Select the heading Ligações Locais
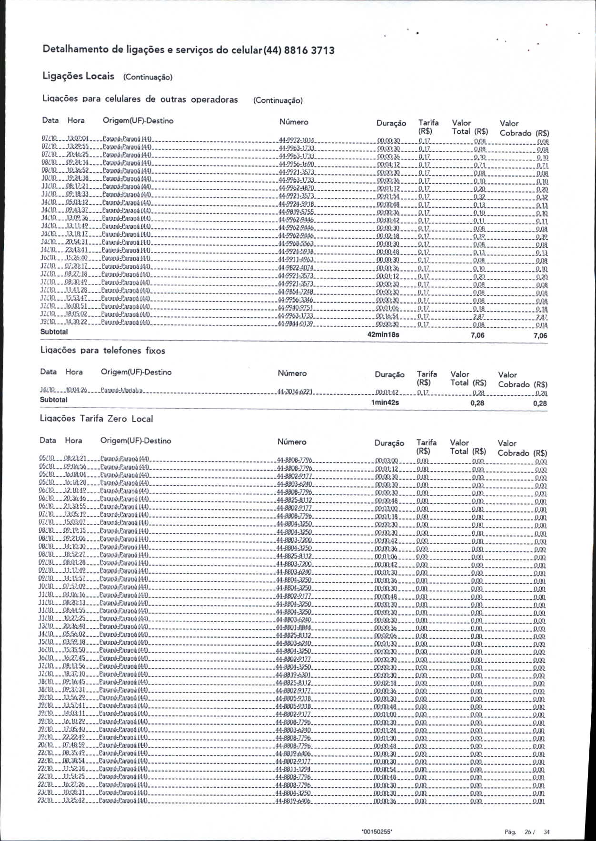(79, 76)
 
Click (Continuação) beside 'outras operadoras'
(278, 100)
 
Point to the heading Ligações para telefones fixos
(102, 351)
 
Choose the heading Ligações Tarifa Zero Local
(96, 419)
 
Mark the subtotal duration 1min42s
(385, 403)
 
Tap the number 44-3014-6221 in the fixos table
(295, 393)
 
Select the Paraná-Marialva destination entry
(122, 392)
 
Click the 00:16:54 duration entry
(387, 317)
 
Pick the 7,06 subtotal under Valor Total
(477, 335)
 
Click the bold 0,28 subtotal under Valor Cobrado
(540, 403)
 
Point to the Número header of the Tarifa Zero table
(292, 442)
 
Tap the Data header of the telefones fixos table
(48, 372)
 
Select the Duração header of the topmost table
(391, 123)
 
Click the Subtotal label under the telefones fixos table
(54, 400)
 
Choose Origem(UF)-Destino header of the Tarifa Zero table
(136, 441)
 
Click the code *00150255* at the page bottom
(377, 832)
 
